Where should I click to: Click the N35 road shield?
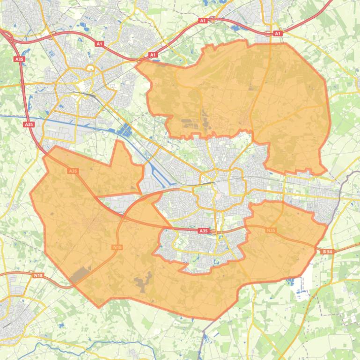point(271,230)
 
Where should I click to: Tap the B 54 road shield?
point(327,252)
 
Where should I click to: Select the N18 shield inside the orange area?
point(118,247)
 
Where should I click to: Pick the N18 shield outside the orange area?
point(38,275)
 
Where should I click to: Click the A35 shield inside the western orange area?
point(73,171)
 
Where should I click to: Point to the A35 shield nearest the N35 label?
point(203,231)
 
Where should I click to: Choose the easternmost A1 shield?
point(278,34)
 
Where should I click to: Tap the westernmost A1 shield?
point(99,43)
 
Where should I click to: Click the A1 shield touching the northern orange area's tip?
point(153,55)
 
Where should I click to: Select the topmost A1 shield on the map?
point(203,21)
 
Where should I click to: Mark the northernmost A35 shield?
point(19,59)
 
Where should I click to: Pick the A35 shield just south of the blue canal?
point(29,124)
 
